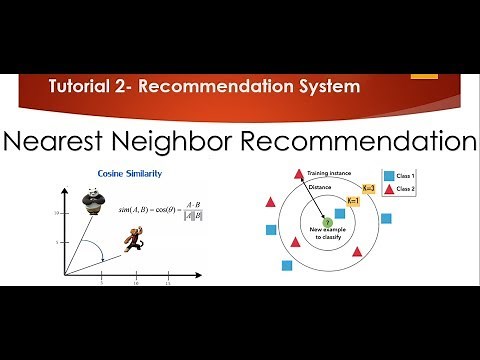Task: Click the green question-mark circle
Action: coord(326,223)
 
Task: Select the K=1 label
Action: coord(353,201)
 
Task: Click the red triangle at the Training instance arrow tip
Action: coord(298,175)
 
